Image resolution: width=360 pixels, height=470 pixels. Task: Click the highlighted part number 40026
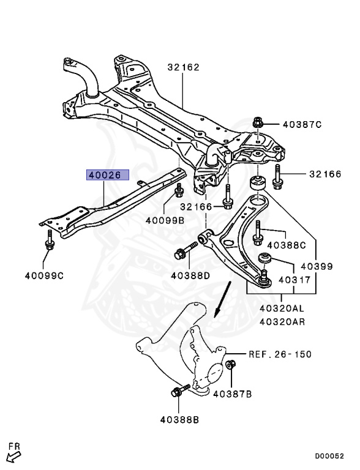coord(108,175)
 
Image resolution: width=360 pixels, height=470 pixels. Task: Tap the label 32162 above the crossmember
coord(183,67)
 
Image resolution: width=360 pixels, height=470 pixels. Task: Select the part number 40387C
coord(302,124)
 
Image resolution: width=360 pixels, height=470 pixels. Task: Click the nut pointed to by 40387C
coord(257,122)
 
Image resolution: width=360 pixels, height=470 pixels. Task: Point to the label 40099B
coord(165,220)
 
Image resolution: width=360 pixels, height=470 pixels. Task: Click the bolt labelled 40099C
coord(50,241)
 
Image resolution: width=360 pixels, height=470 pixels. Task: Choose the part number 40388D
coord(190,275)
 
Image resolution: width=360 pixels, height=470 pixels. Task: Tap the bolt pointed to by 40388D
coord(186,250)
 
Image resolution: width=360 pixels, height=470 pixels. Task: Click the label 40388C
coord(287,245)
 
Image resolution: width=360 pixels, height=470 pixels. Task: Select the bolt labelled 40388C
coord(258,233)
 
